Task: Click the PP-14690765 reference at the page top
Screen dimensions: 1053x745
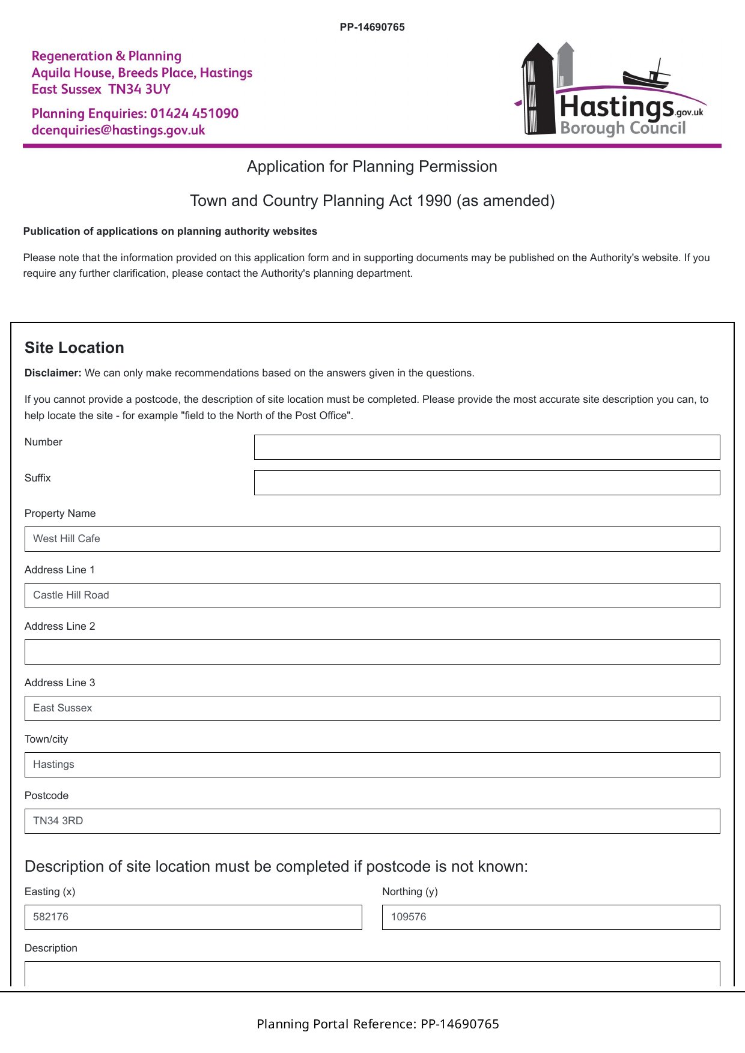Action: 372,27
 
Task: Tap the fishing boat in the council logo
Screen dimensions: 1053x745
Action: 646,77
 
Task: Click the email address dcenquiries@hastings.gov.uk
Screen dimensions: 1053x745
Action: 118,130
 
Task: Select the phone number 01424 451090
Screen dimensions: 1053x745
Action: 194,113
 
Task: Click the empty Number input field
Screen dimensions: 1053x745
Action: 487,447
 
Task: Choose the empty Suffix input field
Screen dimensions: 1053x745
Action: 487,483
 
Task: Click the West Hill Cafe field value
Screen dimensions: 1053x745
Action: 67,539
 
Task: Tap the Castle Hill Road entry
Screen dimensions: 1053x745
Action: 71,596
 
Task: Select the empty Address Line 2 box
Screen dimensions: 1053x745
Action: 372,652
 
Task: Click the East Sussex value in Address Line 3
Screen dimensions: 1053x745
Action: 62,708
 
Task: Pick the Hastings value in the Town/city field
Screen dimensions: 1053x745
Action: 53,765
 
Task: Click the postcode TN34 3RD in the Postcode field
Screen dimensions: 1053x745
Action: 58,821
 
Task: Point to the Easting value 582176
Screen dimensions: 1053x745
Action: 50,917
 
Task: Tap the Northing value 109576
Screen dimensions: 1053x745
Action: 409,917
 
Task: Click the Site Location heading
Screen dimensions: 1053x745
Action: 74,348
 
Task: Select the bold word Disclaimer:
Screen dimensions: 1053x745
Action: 53,373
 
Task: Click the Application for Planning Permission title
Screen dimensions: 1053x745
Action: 372,167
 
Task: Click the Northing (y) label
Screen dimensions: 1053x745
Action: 410,892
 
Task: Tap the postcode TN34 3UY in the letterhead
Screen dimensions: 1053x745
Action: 139,89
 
